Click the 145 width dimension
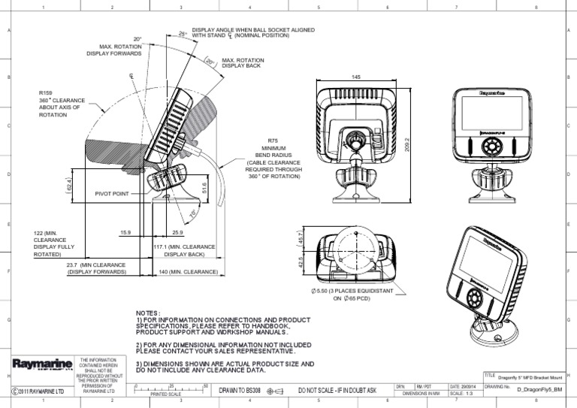tap(355, 77)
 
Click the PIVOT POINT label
tap(112, 193)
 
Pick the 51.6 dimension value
tap(204, 186)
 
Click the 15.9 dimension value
tap(125, 232)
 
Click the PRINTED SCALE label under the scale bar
tap(166, 394)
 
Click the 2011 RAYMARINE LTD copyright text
tap(39, 391)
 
